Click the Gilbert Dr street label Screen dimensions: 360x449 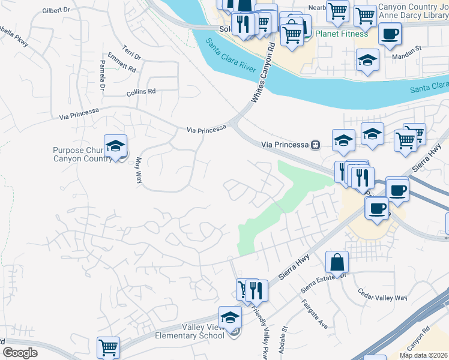pos(61,11)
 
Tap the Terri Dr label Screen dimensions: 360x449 pos(131,52)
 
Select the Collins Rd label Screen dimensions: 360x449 pos(141,92)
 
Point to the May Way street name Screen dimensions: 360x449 pos(138,170)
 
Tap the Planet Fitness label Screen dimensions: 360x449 pos(343,34)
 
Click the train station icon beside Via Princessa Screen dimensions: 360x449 pos(315,145)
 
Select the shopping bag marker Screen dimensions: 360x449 pos(337,262)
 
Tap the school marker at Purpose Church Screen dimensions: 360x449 pos(115,146)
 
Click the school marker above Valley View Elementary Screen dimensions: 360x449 pos(230,318)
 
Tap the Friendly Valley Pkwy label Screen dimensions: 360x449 pos(260,328)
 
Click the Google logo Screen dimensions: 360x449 pos(20,353)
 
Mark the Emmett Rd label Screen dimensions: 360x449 pos(123,65)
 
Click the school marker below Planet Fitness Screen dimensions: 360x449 pos(367,59)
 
